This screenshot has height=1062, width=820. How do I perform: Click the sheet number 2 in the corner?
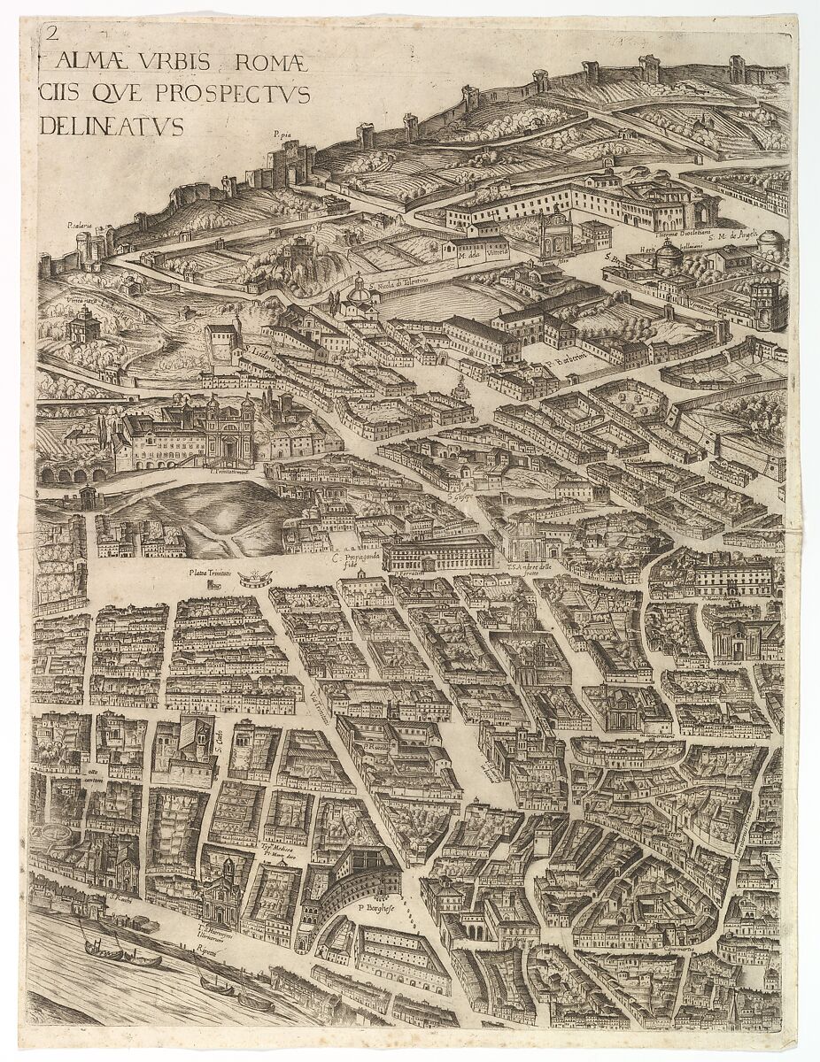(51, 35)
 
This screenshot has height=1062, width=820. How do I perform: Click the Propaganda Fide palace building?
(438, 554)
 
